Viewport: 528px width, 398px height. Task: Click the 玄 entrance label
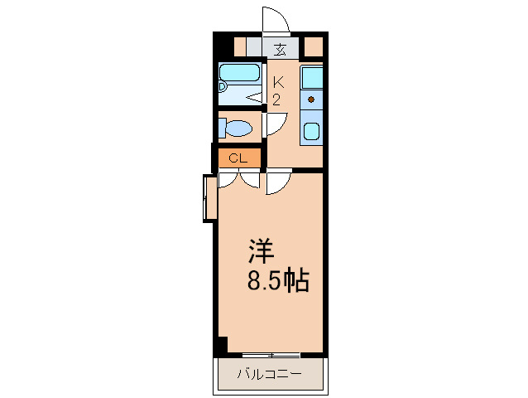pos(280,50)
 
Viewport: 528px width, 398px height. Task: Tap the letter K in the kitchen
pos(278,81)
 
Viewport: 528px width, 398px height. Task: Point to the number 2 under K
pos(276,99)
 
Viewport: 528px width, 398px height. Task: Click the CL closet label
pos(238,158)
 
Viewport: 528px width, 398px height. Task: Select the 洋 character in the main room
pos(262,251)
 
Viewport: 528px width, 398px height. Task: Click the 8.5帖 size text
pos(278,280)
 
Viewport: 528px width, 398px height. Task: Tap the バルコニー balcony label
pos(270,374)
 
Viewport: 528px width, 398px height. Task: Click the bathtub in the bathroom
pos(239,72)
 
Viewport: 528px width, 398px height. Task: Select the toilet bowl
pos(238,129)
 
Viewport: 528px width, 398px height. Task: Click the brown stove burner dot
pos(311,99)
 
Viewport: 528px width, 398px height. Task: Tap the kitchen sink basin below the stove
pos(312,131)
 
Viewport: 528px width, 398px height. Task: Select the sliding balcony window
pos(271,355)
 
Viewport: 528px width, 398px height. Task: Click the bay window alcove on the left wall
pos(210,198)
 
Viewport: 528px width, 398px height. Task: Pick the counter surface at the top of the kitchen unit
pos(311,77)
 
